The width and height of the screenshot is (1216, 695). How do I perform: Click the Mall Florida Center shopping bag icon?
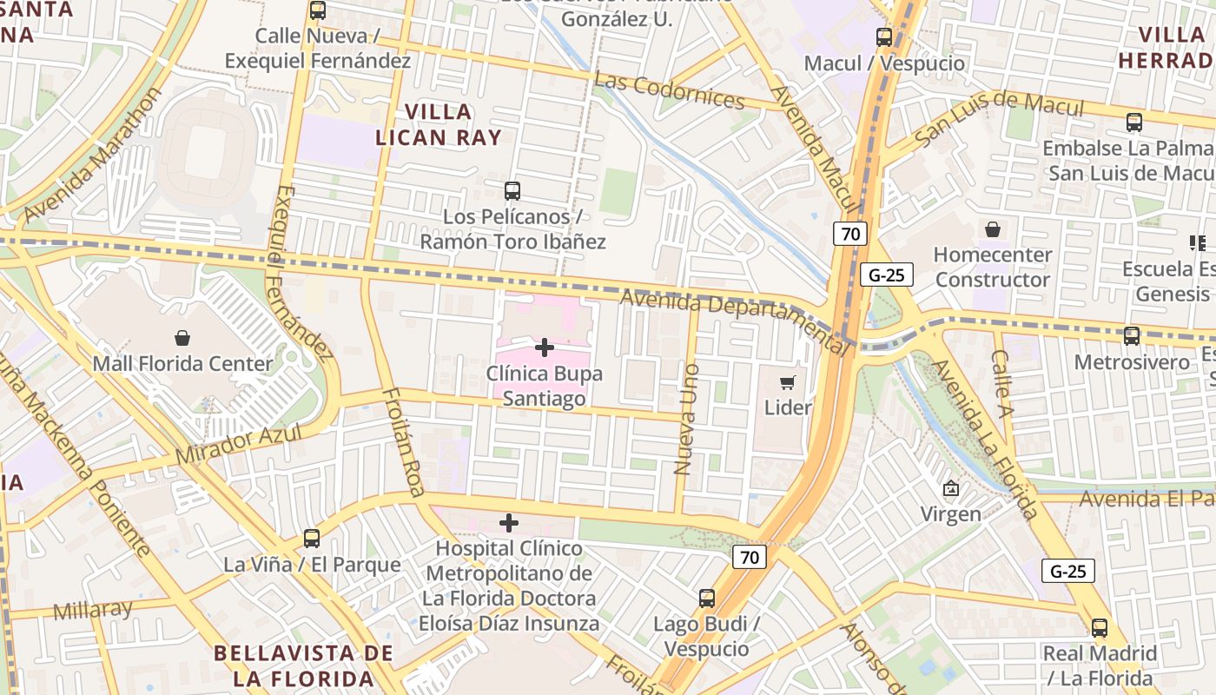(x=182, y=337)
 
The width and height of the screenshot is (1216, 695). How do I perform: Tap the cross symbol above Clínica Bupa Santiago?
(x=545, y=347)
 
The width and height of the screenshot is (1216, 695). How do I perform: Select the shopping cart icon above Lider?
(x=788, y=382)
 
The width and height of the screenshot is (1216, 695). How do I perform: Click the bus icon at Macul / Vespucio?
(x=884, y=36)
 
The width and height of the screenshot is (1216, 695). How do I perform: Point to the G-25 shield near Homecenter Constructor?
(x=887, y=275)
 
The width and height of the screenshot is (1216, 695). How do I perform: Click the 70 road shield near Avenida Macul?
(x=850, y=233)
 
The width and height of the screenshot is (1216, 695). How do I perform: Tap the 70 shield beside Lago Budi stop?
(x=749, y=557)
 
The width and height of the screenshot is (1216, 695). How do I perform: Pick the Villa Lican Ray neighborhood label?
(x=439, y=124)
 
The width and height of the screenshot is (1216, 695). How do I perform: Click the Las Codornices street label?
(x=671, y=91)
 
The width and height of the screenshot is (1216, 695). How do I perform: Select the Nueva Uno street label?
(x=685, y=419)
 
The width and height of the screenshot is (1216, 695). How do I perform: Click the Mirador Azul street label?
(x=238, y=444)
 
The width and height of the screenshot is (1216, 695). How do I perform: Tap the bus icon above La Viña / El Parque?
(x=312, y=539)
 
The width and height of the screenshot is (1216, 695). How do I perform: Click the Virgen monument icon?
(x=951, y=489)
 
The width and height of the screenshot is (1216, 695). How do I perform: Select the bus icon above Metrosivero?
(x=1132, y=335)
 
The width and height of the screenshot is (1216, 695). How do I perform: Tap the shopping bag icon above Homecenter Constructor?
(x=993, y=229)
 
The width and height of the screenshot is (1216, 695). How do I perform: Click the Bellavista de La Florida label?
(x=303, y=665)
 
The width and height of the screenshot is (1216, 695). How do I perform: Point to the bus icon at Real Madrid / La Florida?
(x=1100, y=627)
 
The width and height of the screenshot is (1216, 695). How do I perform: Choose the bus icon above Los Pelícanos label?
(x=512, y=190)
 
